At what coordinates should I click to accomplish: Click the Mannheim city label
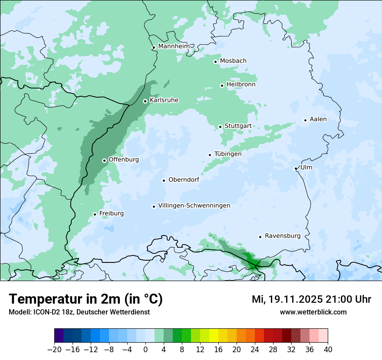point(174,46)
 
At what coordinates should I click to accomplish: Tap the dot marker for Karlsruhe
point(145,101)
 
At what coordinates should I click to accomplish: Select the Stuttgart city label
point(238,126)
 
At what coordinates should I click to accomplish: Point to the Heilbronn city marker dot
point(222,85)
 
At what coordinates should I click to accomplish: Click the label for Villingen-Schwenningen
point(194,206)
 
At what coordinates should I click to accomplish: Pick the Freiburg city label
point(111,213)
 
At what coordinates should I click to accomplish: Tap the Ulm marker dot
point(296,168)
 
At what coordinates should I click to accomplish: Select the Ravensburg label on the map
point(282,236)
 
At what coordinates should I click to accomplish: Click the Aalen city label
point(318,119)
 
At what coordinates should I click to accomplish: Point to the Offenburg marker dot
point(104,160)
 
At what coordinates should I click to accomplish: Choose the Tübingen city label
point(228,154)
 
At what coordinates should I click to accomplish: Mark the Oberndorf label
point(184,180)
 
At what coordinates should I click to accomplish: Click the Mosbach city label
point(233,61)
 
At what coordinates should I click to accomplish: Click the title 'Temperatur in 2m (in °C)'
point(86,299)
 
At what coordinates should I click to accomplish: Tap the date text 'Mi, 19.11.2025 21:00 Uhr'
point(311,299)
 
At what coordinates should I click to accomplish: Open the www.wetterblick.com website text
point(313,312)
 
